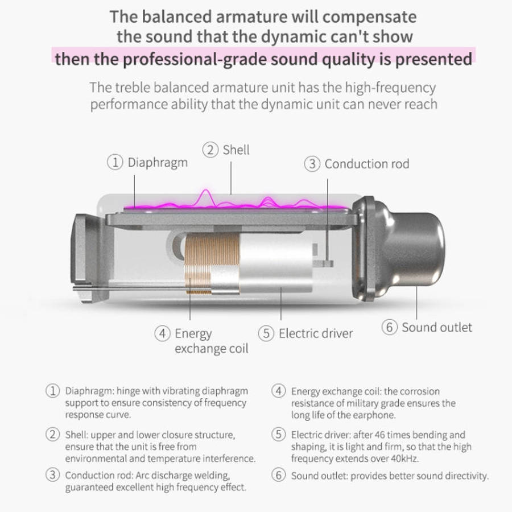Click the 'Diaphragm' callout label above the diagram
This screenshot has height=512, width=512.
coord(158,163)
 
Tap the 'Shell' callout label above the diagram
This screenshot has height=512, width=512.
coord(236,150)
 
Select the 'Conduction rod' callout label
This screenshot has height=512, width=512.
coord(367,164)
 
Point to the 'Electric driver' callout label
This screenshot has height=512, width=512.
coord(316,333)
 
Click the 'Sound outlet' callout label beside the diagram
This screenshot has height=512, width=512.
coord(437,328)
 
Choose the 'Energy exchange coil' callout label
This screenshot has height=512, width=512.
coord(211,341)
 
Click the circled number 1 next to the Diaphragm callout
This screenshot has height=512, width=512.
coord(115,162)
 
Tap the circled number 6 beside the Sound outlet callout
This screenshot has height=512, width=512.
coord(389,327)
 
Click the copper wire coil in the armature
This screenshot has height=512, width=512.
coord(212,264)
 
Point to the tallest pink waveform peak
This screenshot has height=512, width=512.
coord(206,191)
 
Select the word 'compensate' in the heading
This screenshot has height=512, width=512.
coord(370,17)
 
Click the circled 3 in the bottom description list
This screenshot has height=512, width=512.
coord(52,475)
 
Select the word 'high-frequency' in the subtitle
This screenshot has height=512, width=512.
coord(390,88)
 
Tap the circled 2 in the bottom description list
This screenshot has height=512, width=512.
coord(52,435)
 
